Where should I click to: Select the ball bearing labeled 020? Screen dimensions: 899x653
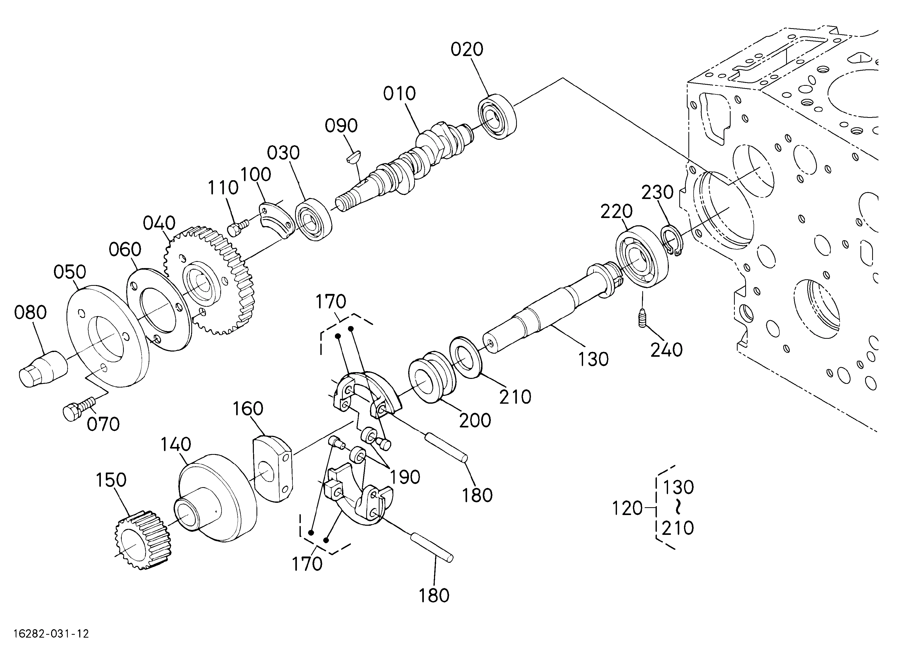(x=497, y=116)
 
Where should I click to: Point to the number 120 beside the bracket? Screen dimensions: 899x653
(x=627, y=508)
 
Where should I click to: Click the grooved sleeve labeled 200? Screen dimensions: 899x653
(x=432, y=376)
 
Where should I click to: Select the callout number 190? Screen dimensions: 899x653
(x=405, y=477)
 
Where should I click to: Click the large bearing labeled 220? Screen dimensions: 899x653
(x=643, y=256)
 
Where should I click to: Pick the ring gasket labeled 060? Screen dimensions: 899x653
(x=158, y=309)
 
